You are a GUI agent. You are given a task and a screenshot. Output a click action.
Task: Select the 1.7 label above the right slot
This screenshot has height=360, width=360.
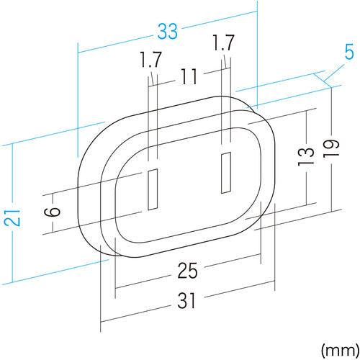pyautogui.click(x=224, y=43)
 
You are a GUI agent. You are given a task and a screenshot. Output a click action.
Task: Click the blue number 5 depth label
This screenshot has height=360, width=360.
pyautogui.click(x=348, y=73)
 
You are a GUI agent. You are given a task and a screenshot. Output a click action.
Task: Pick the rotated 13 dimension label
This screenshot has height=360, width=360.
pyautogui.click(x=305, y=155)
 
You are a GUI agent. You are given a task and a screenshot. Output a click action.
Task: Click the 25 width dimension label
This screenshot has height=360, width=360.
pyautogui.click(x=186, y=272)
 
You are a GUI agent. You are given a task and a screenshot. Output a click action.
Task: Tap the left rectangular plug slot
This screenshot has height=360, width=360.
pyautogui.click(x=152, y=189)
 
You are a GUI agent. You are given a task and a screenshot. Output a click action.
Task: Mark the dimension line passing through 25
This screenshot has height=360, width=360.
pyautogui.click(x=144, y=283)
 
